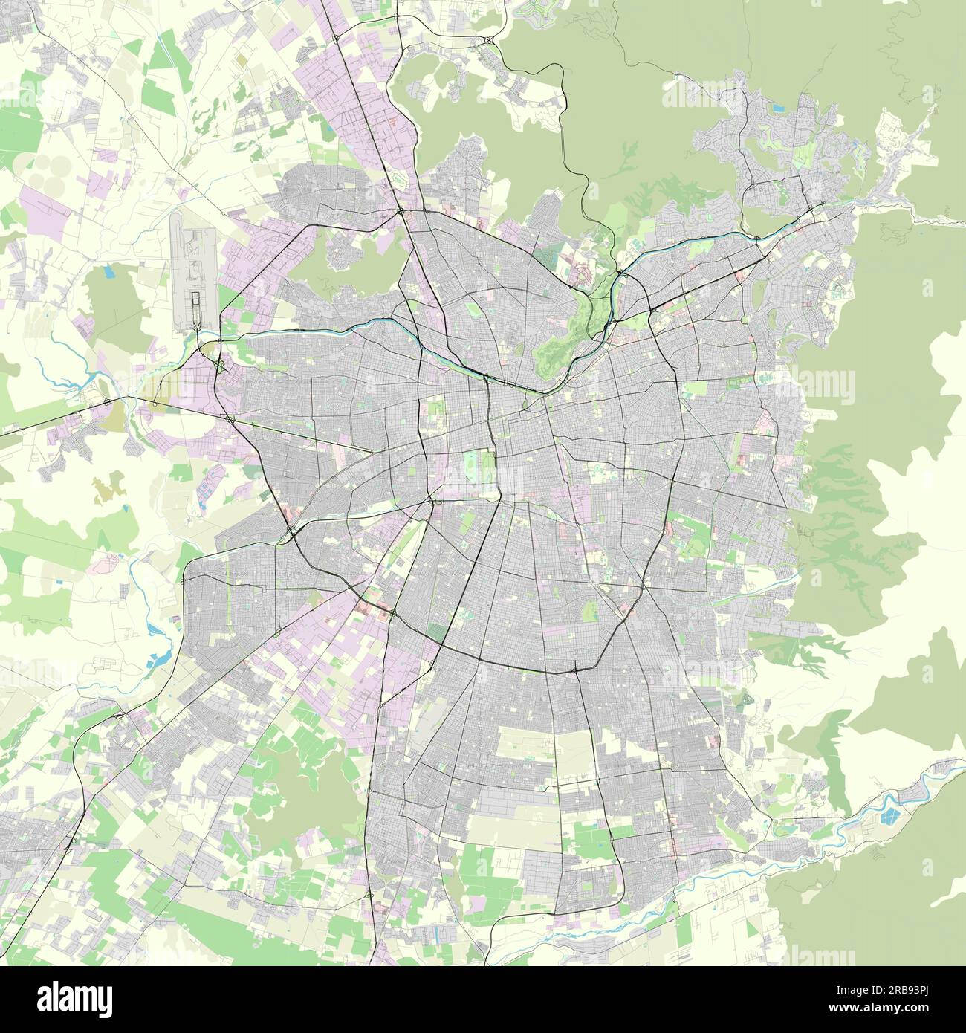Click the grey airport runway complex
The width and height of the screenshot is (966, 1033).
click(193, 275)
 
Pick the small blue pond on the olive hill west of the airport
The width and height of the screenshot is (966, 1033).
click(109, 272)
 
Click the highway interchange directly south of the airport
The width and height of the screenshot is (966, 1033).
click(220, 364)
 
